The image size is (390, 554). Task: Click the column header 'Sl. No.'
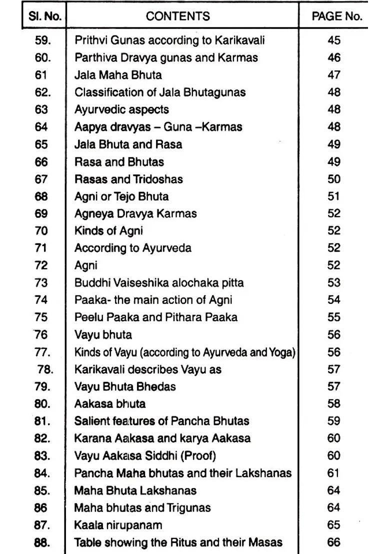pyautogui.click(x=45, y=16)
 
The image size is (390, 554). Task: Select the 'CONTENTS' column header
pyautogui.click(x=178, y=16)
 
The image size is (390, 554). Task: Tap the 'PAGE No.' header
pyautogui.click(x=337, y=16)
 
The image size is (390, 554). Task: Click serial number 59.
pyautogui.click(x=43, y=40)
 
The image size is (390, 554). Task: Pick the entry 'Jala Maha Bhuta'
pyautogui.click(x=118, y=75)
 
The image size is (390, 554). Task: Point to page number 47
pyautogui.click(x=334, y=75)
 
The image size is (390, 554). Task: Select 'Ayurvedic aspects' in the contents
pyautogui.click(x=121, y=109)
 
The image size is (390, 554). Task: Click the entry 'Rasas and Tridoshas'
pyautogui.click(x=128, y=179)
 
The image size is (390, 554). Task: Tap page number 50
pyautogui.click(x=334, y=179)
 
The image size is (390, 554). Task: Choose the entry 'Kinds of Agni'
pyautogui.click(x=108, y=231)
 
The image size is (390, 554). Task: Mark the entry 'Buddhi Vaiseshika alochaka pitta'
pyautogui.click(x=159, y=283)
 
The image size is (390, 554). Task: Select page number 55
pyautogui.click(x=334, y=317)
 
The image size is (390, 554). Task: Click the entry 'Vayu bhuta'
pyautogui.click(x=103, y=334)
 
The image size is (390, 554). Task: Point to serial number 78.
pyautogui.click(x=45, y=369)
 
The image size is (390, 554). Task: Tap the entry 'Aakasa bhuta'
pyautogui.click(x=110, y=404)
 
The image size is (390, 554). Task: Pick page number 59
pyautogui.click(x=334, y=421)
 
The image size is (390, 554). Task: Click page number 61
pyautogui.click(x=333, y=473)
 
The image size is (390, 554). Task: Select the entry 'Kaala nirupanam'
pyautogui.click(x=118, y=525)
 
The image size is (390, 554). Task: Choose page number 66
pyautogui.click(x=334, y=542)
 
